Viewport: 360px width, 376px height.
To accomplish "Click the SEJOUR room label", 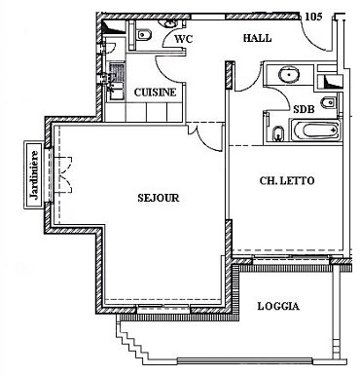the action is pyautogui.click(x=159, y=198).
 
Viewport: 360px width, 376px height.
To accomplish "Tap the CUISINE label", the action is pyautogui.click(x=155, y=93).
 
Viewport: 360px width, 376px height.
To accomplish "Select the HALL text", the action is pyautogui.click(x=258, y=38).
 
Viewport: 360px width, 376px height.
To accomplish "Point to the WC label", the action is pyautogui.click(x=184, y=39).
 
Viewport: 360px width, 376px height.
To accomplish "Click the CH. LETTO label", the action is pyautogui.click(x=287, y=180).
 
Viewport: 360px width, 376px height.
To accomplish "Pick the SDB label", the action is pyautogui.click(x=304, y=109).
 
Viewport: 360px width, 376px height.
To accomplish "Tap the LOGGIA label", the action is pyautogui.click(x=278, y=306).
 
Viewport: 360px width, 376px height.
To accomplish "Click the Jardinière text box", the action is pyautogui.click(x=34, y=175).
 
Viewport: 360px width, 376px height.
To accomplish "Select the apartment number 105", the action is pyautogui.click(x=313, y=17).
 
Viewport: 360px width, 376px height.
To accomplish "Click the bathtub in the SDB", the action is pyautogui.click(x=316, y=131).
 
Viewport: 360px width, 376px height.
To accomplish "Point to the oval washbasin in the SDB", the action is pyautogui.click(x=289, y=74).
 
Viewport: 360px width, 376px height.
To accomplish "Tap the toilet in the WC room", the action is pyautogui.click(x=144, y=34).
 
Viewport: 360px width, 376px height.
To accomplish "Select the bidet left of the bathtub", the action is pyautogui.click(x=278, y=133).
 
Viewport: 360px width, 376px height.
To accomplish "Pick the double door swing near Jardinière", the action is pyautogui.click(x=66, y=175).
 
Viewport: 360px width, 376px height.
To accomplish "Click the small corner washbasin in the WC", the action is pyautogui.click(x=169, y=23).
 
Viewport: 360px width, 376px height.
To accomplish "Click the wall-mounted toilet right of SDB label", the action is pyautogui.click(x=328, y=102).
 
